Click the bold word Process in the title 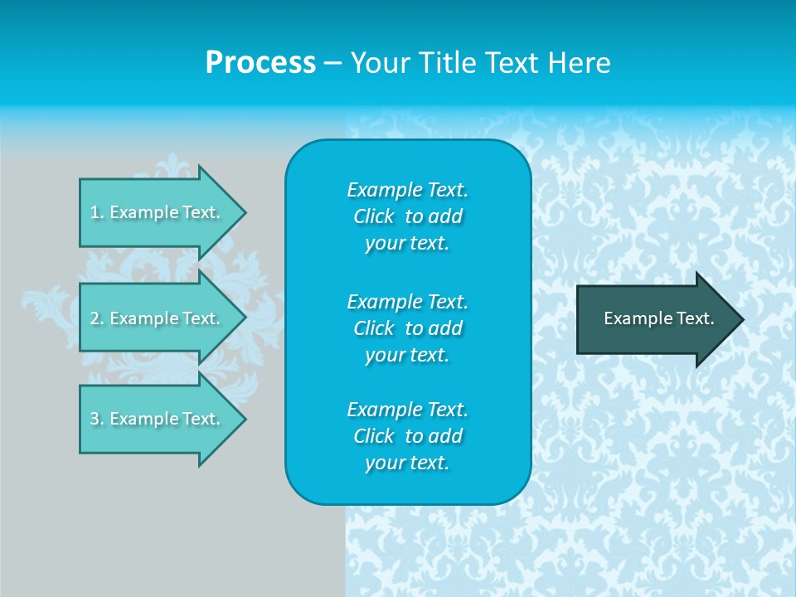(260, 63)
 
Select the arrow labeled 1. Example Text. (158, 212)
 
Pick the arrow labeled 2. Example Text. (158, 318)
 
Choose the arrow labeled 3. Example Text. (158, 419)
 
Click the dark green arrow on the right (655, 318)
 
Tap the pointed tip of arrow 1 (243, 212)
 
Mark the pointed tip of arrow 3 (243, 419)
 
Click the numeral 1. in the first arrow (96, 212)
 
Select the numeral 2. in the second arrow (96, 318)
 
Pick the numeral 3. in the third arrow (96, 419)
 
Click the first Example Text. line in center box (408, 190)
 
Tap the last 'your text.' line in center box (407, 463)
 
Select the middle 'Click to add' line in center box (408, 328)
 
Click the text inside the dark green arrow (658, 318)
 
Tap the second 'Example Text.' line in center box (408, 301)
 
